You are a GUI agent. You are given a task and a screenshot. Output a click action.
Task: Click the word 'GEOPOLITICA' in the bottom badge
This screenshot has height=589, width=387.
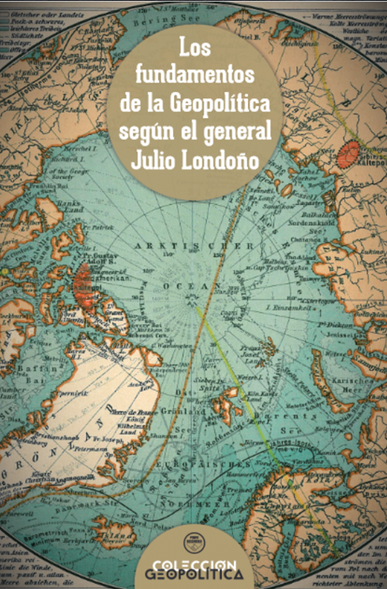[x=193, y=575]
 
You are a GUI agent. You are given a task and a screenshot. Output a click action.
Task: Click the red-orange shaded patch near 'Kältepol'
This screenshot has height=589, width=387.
[x=348, y=155]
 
